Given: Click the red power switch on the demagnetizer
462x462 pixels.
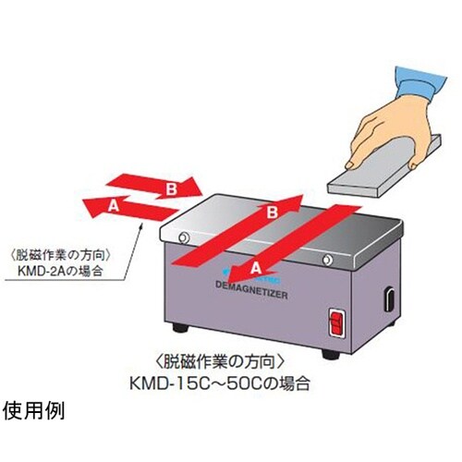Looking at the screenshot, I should pyautogui.click(x=336, y=325).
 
